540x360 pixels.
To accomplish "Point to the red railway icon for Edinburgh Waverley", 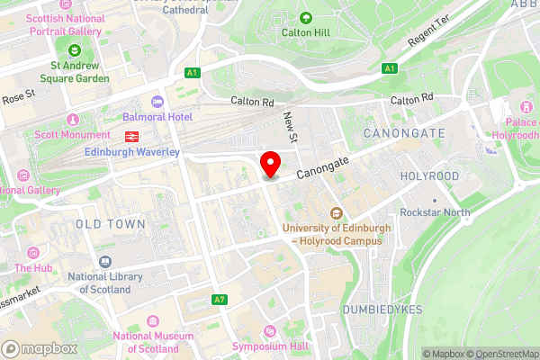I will pos(131,136).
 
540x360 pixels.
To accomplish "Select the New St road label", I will pos(290,126).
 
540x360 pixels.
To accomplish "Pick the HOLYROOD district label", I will pos(429,176).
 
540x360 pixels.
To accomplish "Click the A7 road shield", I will pos(220,299).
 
